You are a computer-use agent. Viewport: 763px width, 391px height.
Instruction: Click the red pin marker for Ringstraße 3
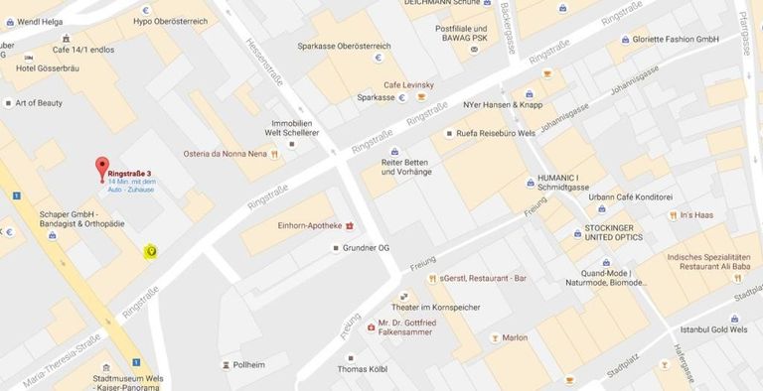[101, 168]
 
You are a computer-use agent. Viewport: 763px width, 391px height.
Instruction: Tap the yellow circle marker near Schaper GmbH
[151, 251]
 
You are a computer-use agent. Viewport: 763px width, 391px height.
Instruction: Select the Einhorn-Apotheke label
[303, 225]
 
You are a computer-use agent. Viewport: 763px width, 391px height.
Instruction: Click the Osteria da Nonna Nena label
[225, 154]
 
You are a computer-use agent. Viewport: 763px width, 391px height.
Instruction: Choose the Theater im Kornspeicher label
[435, 307]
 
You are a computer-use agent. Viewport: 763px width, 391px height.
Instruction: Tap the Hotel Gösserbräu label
[51, 67]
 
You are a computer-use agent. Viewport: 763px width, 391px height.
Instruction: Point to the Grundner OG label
[368, 247]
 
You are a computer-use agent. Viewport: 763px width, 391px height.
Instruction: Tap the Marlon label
[515, 337]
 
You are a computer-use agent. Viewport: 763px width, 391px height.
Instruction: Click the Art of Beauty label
[39, 102]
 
